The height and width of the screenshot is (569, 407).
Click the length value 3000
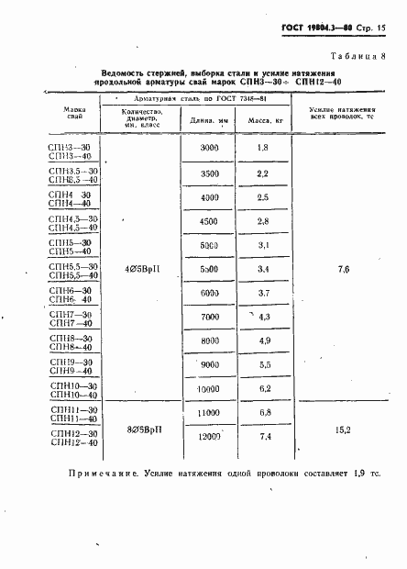(x=209, y=148)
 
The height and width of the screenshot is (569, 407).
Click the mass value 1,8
(x=262, y=148)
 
